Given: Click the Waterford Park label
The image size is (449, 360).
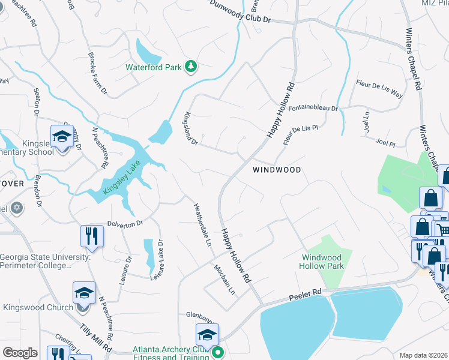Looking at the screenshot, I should (153, 67).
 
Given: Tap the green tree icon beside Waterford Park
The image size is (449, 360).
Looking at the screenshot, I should (191, 66).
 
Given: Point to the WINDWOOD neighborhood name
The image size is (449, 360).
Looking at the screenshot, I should (276, 170).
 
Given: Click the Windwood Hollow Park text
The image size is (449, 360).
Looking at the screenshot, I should (322, 262).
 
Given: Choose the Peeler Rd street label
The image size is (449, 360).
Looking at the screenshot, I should (305, 295).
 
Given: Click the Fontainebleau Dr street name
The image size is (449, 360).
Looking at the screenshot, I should (313, 109).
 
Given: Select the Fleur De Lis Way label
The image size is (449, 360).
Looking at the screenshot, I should (379, 89).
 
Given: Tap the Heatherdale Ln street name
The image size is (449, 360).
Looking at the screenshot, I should (201, 225).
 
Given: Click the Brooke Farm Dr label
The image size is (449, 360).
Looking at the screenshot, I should (97, 77).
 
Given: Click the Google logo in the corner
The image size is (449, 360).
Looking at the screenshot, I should (20, 352).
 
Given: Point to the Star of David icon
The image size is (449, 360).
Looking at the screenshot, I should (17, 208).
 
